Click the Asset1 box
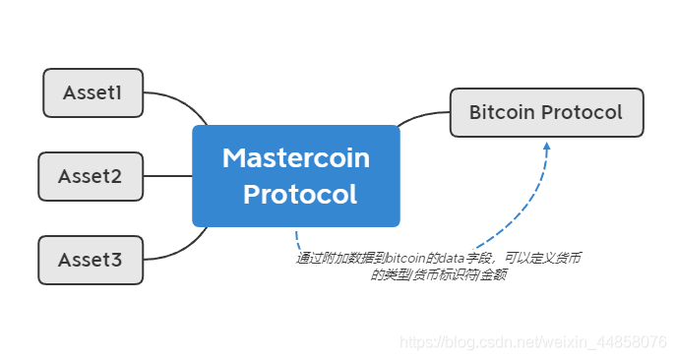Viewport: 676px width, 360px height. (93, 92)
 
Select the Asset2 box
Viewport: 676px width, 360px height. (91, 176)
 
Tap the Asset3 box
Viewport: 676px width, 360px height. (91, 260)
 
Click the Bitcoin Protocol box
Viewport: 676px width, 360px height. (547, 112)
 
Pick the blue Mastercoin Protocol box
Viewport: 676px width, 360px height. (296, 176)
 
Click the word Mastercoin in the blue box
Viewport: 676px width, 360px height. (296, 157)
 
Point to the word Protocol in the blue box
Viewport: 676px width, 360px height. (300, 194)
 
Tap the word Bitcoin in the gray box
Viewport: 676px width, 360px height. (502, 112)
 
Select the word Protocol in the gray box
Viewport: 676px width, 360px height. (582, 112)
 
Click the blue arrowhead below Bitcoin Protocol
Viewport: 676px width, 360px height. (547, 147)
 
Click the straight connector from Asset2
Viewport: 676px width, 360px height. (167, 176)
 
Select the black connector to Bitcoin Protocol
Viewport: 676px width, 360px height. (422, 115)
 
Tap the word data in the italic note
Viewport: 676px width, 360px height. (452, 259)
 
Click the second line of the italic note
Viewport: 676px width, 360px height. (439, 274)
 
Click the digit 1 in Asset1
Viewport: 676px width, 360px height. (117, 92)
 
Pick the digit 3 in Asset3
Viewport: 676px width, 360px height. (115, 260)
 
